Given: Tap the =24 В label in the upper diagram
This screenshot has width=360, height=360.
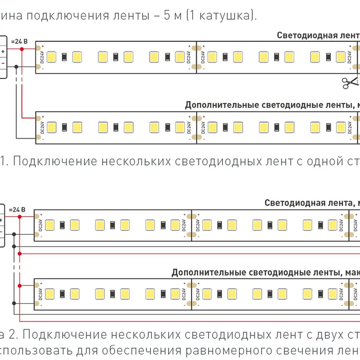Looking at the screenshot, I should pyautogui.click(x=19, y=41).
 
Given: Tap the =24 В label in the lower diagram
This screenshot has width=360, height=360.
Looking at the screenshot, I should pyautogui.click(x=17, y=210).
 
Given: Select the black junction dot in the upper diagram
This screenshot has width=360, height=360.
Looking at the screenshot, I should pyautogui.click(x=17, y=67).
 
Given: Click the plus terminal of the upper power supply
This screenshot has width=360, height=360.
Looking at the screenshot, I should pyautogui.click(x=3, y=51).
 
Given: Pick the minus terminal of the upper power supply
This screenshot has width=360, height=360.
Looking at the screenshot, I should pyautogui.click(x=3, y=63).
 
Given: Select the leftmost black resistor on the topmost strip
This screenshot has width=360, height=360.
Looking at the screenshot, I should pyautogui.click(x=64, y=57).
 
